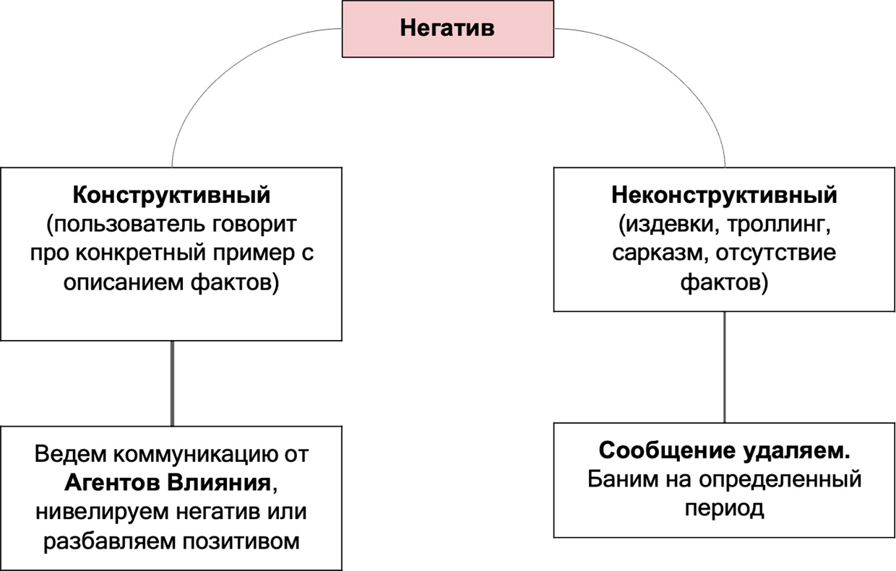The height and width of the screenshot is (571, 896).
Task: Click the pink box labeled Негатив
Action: [x=448, y=30]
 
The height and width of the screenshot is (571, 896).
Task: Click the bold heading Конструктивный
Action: [x=171, y=195]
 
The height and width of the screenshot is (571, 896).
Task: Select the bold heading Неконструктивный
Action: [x=724, y=195]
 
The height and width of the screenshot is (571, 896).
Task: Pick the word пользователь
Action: [x=121, y=225]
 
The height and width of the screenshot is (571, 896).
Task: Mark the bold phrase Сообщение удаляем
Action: [x=724, y=450]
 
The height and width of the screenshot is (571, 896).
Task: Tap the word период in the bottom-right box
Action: [x=724, y=508]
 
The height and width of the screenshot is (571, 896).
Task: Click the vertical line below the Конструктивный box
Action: [x=172, y=383]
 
